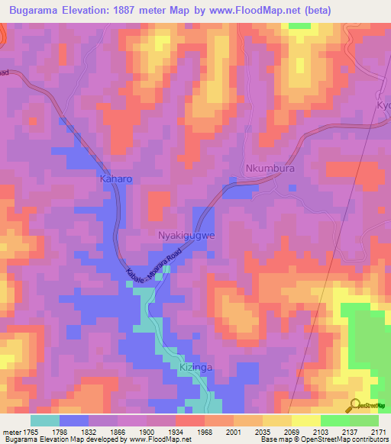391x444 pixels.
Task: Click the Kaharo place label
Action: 116,179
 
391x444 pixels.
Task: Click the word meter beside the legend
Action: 10,432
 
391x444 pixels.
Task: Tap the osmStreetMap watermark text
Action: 374,407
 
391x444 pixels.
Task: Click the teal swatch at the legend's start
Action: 44,420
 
